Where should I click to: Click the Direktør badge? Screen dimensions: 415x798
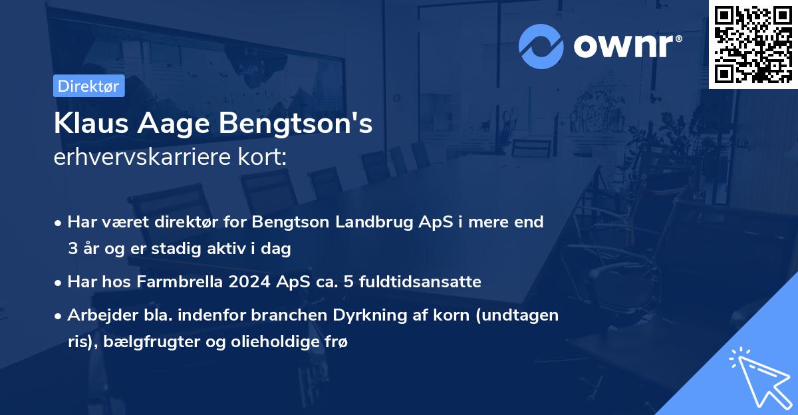pyautogui.click(x=88, y=86)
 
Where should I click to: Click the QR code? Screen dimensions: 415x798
pyautogui.click(x=753, y=44)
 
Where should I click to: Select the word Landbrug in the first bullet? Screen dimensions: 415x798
pyautogui.click(x=384, y=221)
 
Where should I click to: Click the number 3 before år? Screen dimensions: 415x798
pyautogui.click(x=72, y=249)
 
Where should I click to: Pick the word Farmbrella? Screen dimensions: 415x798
pyautogui.click(x=178, y=282)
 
